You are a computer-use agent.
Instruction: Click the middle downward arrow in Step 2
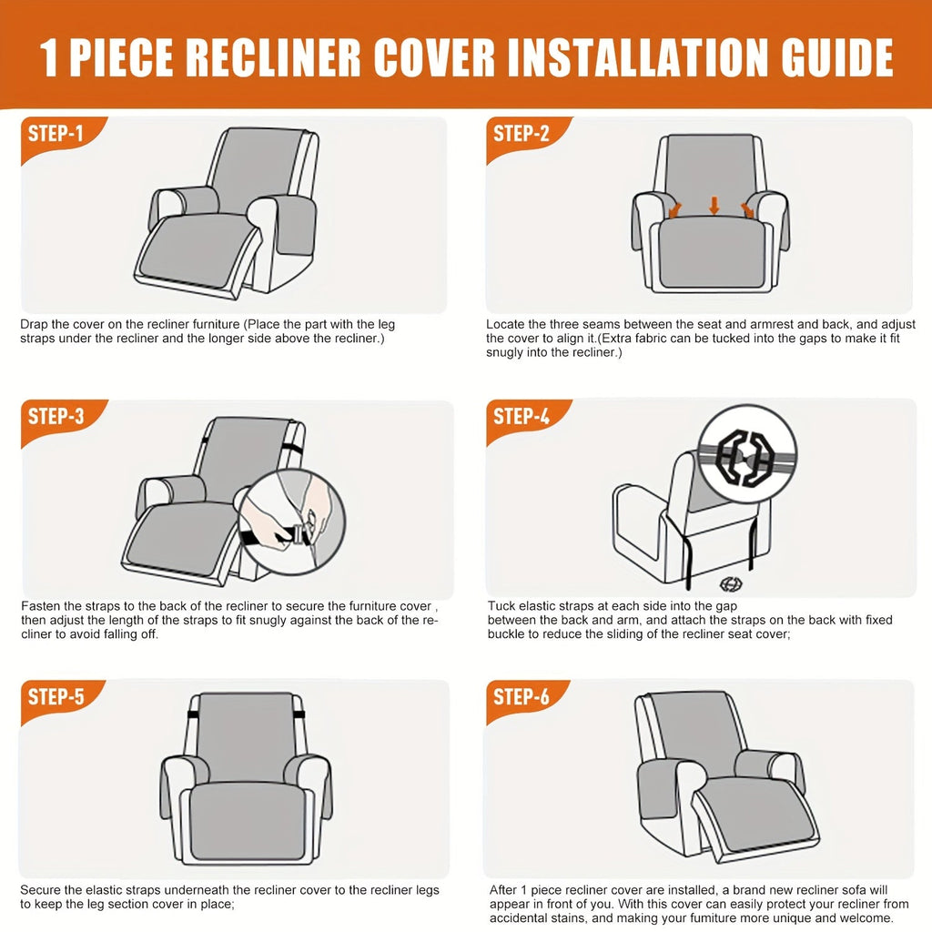click(714, 206)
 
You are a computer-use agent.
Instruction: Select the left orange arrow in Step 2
click(675, 210)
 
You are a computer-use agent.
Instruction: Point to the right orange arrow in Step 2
click(747, 210)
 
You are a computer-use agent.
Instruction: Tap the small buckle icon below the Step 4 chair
click(731, 584)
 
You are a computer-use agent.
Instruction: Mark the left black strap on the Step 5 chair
click(193, 714)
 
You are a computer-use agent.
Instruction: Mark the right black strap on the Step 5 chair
click(299, 714)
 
